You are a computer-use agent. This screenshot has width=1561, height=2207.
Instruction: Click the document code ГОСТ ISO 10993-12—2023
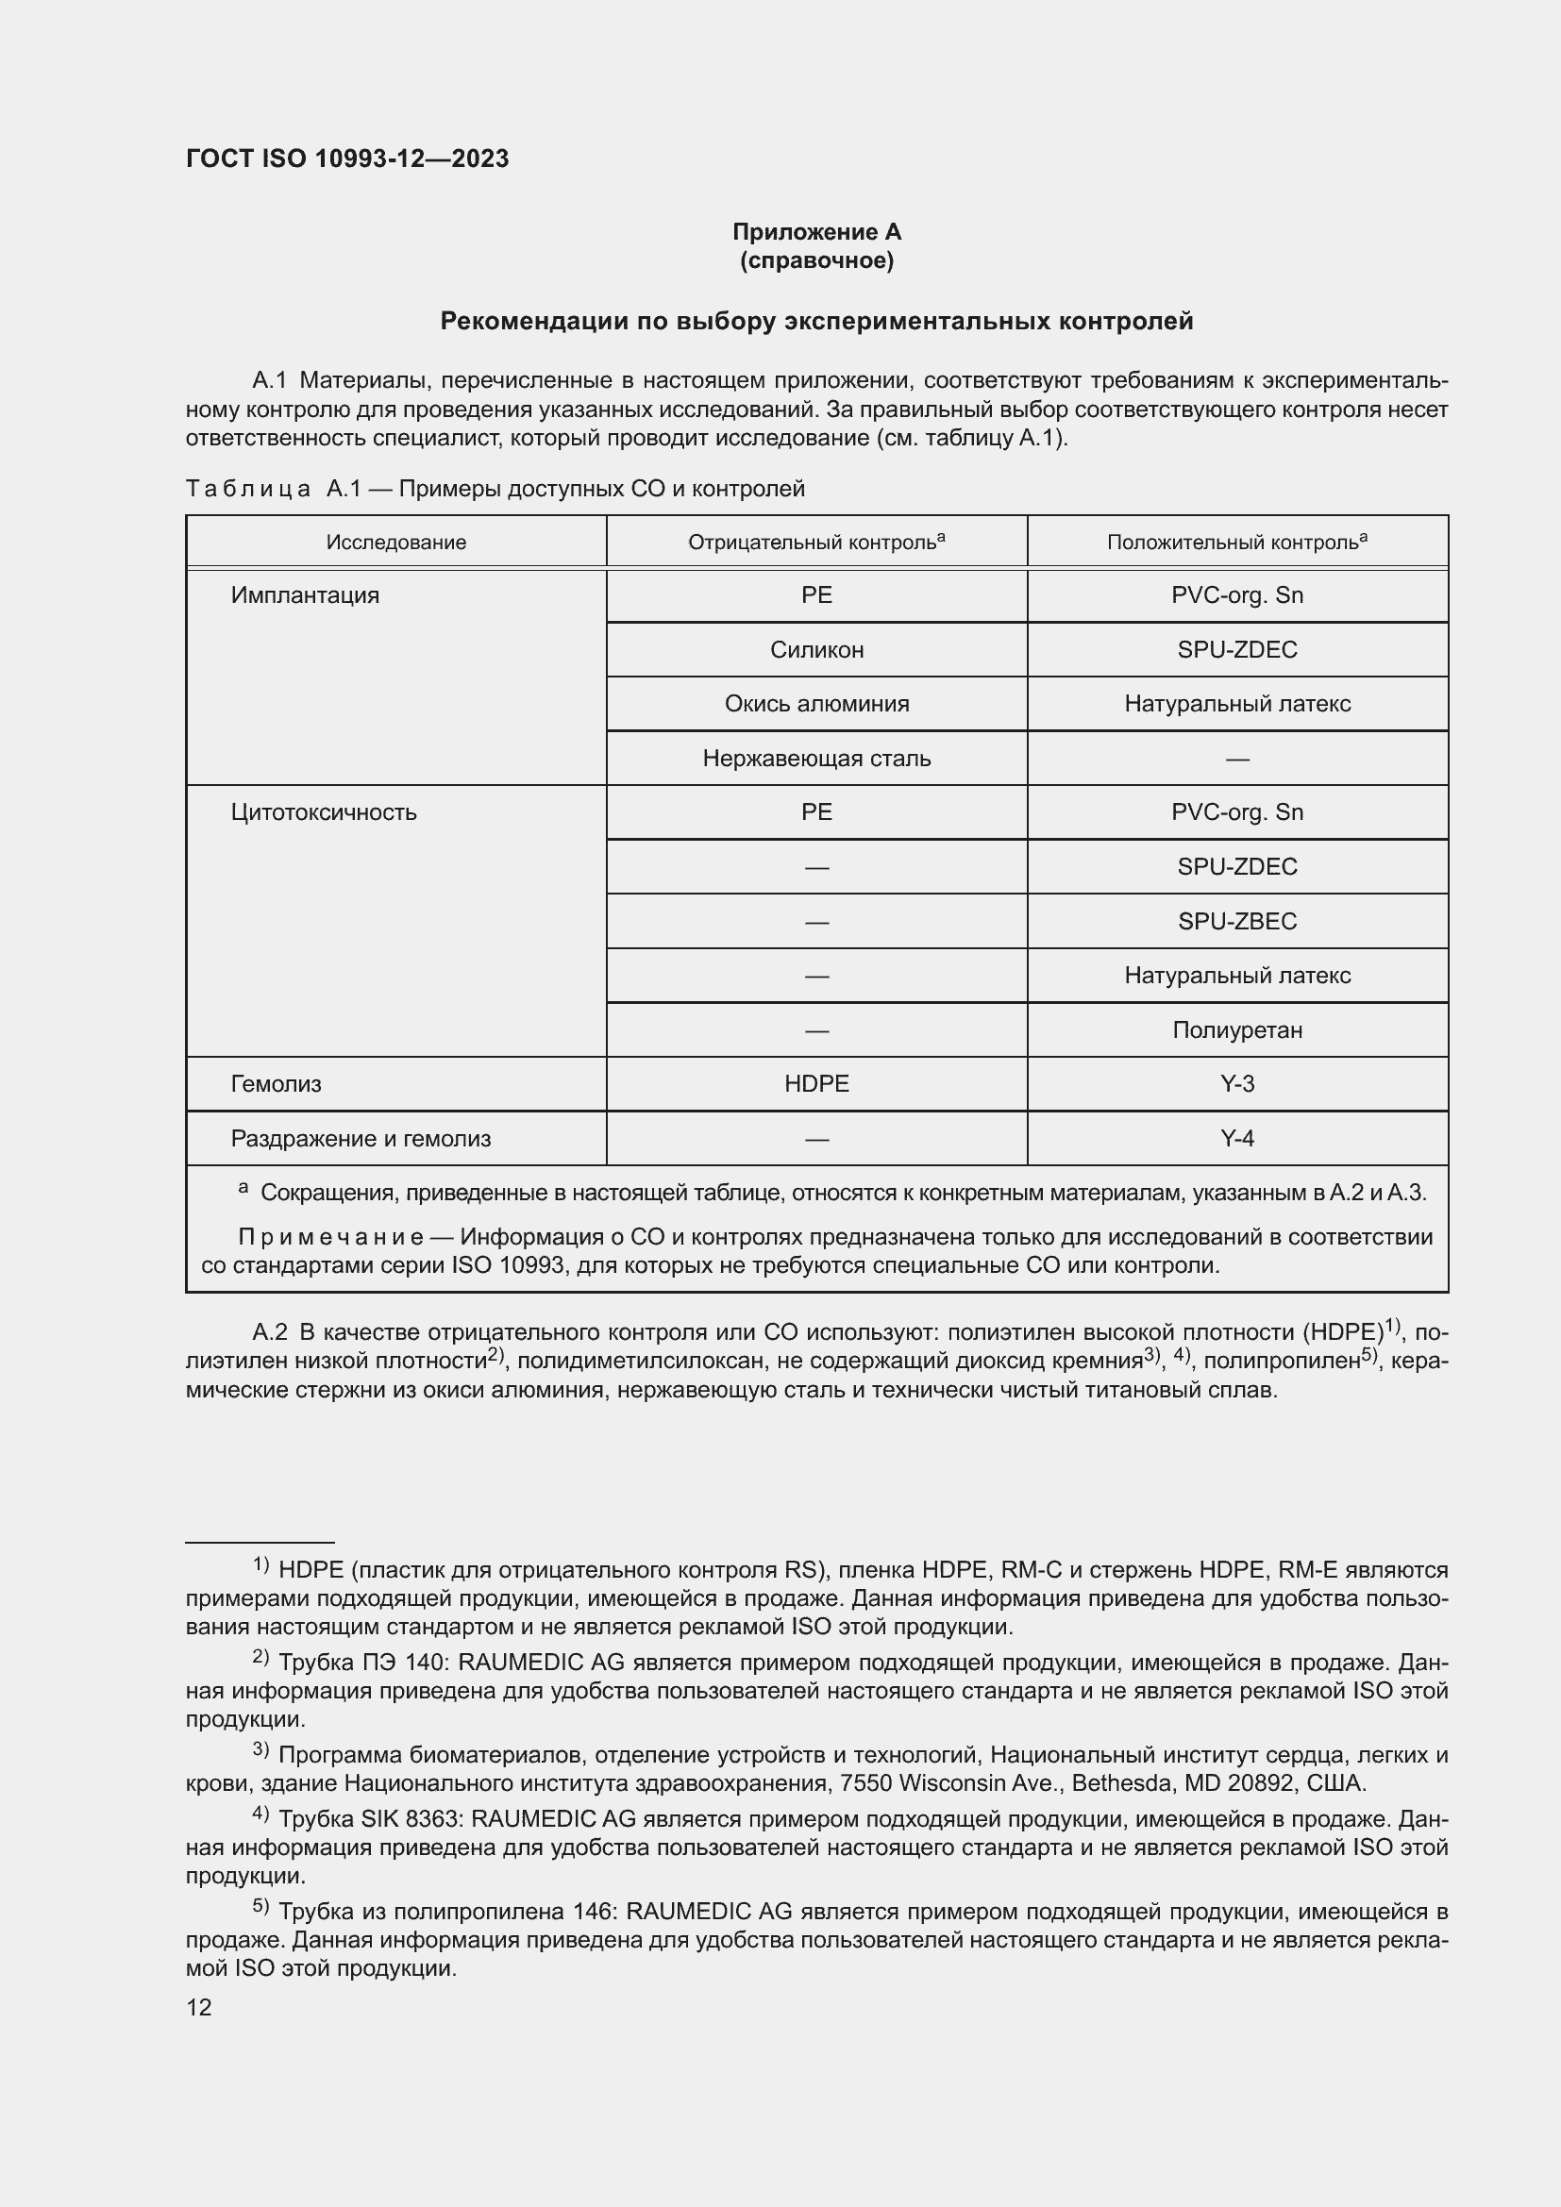pyautogui.click(x=347, y=159)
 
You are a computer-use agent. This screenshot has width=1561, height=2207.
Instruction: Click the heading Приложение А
pyautogui.click(x=816, y=232)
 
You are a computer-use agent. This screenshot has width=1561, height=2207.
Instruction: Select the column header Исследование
pyautogui.click(x=396, y=543)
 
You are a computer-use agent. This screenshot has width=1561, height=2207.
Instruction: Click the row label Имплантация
pyautogui.click(x=305, y=595)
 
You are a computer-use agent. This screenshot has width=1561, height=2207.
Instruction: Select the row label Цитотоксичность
pyautogui.click(x=323, y=812)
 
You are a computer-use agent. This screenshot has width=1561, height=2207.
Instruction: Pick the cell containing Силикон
pyautogui.click(x=816, y=650)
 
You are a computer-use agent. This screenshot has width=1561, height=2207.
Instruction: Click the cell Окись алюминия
pyautogui.click(x=816, y=704)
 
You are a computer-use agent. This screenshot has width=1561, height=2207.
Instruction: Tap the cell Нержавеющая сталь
pyautogui.click(x=816, y=759)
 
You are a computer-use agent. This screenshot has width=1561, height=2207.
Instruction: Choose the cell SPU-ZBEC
pyautogui.click(x=1237, y=921)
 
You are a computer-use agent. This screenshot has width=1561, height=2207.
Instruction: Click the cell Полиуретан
pyautogui.click(x=1237, y=1030)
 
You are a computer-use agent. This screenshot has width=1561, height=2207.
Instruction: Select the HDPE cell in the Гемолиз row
pyautogui.click(x=816, y=1084)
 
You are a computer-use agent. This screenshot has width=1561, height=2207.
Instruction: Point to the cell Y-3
pyautogui.click(x=1237, y=1084)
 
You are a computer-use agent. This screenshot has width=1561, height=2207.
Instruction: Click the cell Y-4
pyautogui.click(x=1237, y=1139)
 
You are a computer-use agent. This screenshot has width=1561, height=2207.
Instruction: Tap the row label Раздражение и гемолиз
pyautogui.click(x=361, y=1139)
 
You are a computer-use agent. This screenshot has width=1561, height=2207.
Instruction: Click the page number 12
pyautogui.click(x=199, y=2008)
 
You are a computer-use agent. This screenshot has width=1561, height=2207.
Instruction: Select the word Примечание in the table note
pyautogui.click(x=330, y=1237)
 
